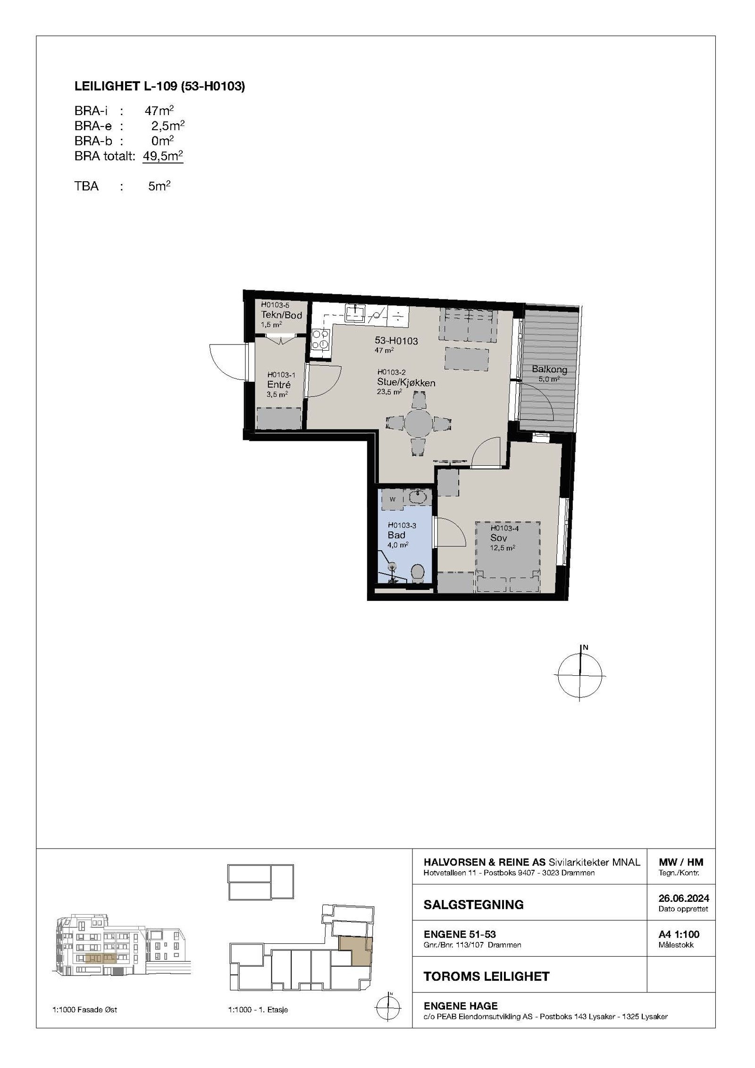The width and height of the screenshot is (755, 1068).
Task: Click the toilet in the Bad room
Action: coord(417,573)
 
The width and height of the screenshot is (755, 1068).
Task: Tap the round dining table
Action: coord(418,421)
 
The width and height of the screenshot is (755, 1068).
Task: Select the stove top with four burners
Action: coord(321,339)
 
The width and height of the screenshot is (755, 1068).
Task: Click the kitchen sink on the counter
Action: coord(354,312)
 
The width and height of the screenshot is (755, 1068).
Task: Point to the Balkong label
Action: coord(549,370)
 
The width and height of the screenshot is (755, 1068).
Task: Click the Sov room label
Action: coord(499,538)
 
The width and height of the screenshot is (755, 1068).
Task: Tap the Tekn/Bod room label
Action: coord(281,315)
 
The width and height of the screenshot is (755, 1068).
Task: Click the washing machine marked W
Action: coord(393,499)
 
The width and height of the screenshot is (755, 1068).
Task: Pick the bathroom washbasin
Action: coord(418,496)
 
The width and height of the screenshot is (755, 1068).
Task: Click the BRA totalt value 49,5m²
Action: coord(163,156)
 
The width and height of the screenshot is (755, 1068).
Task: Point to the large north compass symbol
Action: coord(579,675)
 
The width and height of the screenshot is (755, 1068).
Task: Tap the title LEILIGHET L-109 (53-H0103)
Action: coord(159,86)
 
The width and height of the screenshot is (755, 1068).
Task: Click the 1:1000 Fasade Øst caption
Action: coord(84,1010)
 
